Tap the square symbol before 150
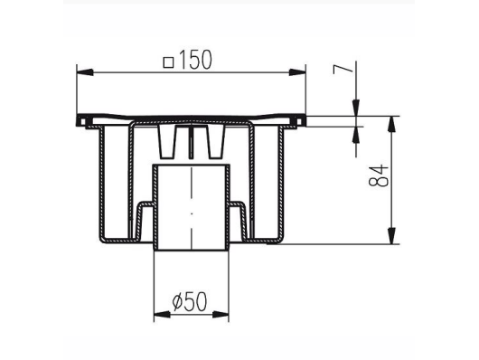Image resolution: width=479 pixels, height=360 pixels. pyautogui.click(x=168, y=62)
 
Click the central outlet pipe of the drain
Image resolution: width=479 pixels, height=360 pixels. pyautogui.click(x=191, y=208)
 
